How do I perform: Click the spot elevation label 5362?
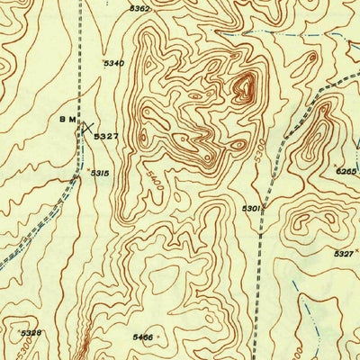pos(139,8)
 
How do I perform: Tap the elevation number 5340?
pos(113,63)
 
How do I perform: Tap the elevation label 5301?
pos(251,209)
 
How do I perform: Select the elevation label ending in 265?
pos(347,170)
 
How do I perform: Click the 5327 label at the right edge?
pos(343,255)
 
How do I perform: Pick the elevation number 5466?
pos(142,337)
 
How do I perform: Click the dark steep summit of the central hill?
pos(244,87)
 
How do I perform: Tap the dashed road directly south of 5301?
pos(261,270)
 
